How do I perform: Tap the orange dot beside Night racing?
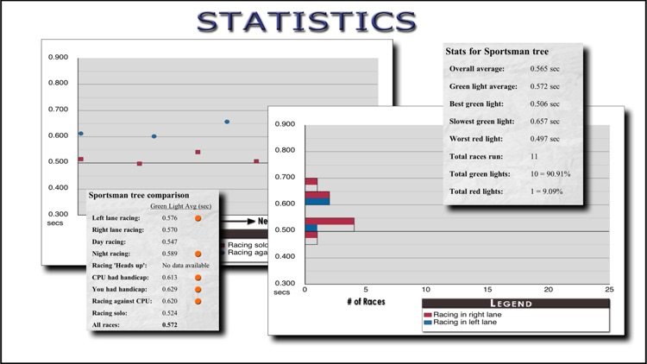pyautogui.click(x=198, y=254)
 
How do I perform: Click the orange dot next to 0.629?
pyautogui.click(x=198, y=290)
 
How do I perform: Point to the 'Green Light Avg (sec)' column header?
pyautogui.click(x=179, y=207)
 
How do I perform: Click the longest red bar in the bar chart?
pyautogui.click(x=330, y=222)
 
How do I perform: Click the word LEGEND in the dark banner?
pyautogui.click(x=516, y=304)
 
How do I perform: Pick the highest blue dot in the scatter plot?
pyautogui.click(x=227, y=122)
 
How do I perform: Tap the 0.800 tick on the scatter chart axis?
pyautogui.click(x=59, y=84)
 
